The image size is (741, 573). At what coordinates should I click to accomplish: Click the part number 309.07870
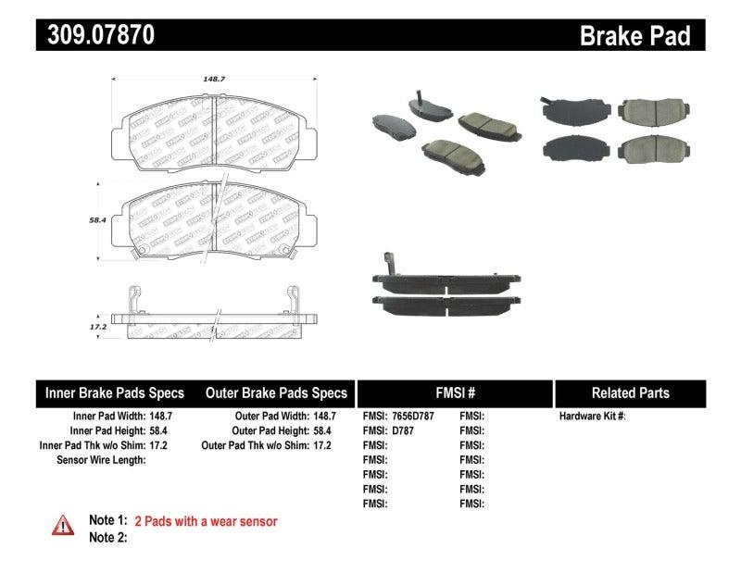pos(96,36)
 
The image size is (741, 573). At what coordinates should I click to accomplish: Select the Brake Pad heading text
pos(634,36)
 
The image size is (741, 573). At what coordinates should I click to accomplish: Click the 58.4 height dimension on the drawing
pos(94,221)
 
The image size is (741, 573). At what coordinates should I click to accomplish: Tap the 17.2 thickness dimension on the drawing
pos(94,327)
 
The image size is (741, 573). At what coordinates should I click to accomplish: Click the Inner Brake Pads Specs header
pos(115,392)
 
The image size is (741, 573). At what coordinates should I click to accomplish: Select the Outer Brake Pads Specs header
pos(276,392)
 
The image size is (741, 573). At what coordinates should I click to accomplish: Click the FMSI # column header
pos(454,392)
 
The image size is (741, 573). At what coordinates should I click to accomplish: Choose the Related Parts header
pos(630,392)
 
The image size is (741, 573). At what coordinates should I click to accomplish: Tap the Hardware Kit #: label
pos(592,417)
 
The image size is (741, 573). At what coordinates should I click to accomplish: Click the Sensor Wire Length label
pos(101,459)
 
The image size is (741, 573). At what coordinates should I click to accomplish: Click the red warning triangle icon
pos(63,525)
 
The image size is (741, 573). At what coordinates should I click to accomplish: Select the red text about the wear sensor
pos(206,521)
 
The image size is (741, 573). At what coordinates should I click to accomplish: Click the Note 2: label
pos(107,537)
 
